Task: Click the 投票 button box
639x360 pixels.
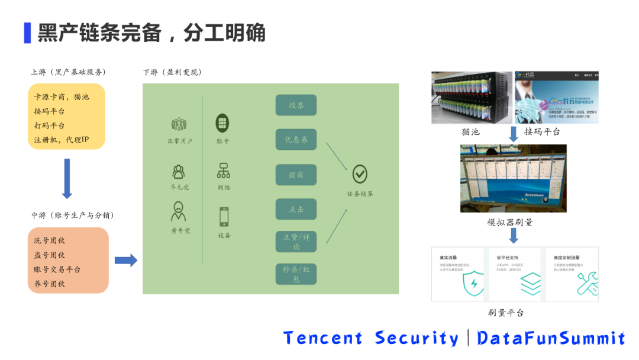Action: (x=296, y=105)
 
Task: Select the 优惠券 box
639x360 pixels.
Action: (x=296, y=139)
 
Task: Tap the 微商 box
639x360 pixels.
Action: (x=296, y=175)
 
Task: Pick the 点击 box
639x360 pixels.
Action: (x=296, y=209)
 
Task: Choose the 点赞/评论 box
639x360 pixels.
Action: (x=296, y=241)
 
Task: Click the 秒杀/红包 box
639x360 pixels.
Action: (x=296, y=274)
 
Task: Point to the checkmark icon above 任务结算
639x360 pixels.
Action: (x=360, y=174)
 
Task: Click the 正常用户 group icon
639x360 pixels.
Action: (x=179, y=124)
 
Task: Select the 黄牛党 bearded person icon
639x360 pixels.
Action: (x=179, y=211)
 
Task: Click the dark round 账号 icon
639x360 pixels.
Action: (x=223, y=123)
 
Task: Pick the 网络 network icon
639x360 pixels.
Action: (x=223, y=171)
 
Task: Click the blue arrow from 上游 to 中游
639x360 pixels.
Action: (x=67, y=178)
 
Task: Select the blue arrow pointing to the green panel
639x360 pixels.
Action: (x=125, y=261)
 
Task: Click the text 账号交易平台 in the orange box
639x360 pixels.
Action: (x=57, y=269)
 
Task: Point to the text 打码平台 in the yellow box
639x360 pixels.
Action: (x=50, y=126)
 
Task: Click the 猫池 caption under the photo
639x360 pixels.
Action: (x=470, y=131)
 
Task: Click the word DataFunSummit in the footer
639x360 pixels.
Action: (x=551, y=338)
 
